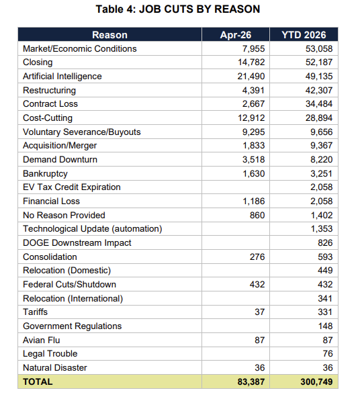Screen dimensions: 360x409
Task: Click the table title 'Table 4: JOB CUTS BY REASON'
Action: (178, 9)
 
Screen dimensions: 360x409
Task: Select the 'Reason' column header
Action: (110, 35)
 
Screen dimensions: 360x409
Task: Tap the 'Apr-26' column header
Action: (236, 35)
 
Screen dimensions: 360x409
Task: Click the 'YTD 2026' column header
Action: (304, 35)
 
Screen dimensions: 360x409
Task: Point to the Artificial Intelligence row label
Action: (62, 76)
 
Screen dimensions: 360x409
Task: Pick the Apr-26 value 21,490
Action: (251, 76)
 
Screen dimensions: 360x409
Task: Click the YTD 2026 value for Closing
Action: (319, 62)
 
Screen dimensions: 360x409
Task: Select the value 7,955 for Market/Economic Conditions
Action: (253, 48)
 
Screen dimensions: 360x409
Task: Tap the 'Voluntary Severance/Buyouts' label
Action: (82, 132)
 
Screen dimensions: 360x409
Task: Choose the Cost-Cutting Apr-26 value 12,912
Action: (251, 118)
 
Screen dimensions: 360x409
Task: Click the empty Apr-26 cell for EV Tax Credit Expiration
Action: (236, 187)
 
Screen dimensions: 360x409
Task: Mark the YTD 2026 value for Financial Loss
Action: (322, 201)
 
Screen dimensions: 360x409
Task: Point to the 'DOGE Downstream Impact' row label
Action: (77, 242)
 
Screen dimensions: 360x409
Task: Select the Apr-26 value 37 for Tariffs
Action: (259, 312)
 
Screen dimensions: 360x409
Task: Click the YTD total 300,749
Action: (316, 381)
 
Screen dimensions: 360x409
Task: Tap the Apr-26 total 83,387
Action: (251, 381)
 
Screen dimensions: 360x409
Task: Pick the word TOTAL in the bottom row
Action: (38, 381)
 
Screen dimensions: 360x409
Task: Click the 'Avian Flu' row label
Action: (42, 340)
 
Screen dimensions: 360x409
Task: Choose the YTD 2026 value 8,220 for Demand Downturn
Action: (322, 159)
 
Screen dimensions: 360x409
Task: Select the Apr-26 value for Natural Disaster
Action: (259, 367)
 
